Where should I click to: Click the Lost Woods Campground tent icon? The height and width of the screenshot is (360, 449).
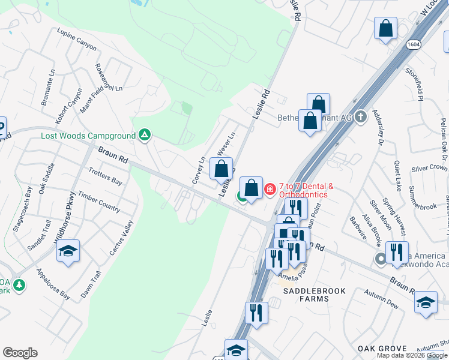pos(144,135)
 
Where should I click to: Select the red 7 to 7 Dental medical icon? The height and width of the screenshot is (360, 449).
pos(270,190)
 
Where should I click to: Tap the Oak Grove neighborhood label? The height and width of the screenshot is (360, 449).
pos(382,348)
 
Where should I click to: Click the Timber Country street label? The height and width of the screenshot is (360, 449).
pos(99,202)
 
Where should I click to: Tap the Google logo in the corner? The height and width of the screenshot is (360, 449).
pos(20,353)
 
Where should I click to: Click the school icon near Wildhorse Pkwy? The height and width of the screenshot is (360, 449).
pos(68,252)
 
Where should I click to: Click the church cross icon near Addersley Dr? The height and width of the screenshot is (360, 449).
pos(360,116)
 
